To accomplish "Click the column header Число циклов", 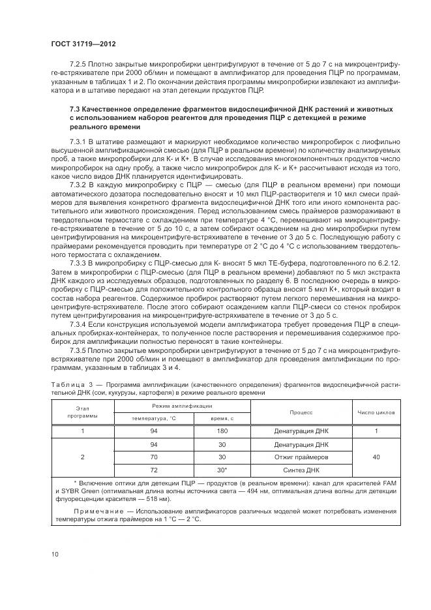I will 376,412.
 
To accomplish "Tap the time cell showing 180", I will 222,431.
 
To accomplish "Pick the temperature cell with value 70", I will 153,457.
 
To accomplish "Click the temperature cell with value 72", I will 153,469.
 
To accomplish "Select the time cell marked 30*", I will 222,469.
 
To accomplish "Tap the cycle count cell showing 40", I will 376,457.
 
